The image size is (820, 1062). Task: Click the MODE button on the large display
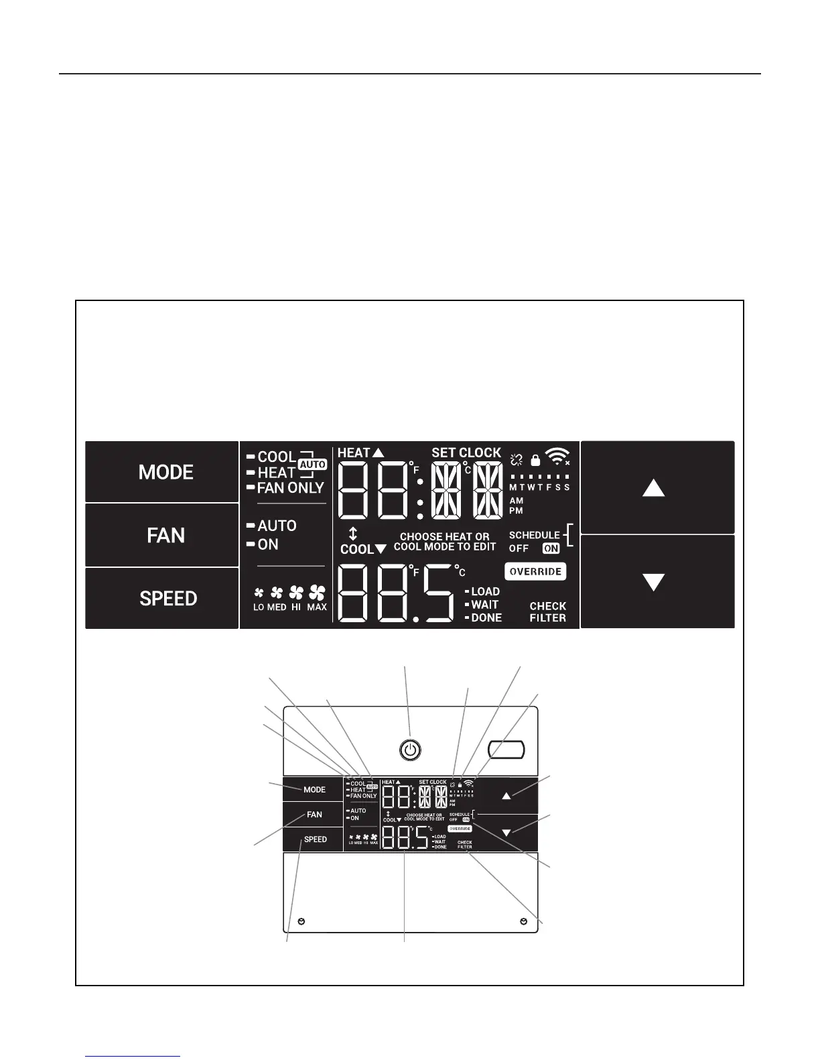pyautogui.click(x=165, y=472)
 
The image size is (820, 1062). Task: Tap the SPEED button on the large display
pyautogui.click(x=167, y=598)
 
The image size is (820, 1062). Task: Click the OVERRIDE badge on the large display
pyautogui.click(x=535, y=572)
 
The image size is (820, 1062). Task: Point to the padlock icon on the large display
pyautogui.click(x=535, y=460)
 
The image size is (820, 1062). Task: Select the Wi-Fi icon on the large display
pyautogui.click(x=557, y=457)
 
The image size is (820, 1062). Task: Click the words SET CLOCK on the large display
pyautogui.click(x=466, y=453)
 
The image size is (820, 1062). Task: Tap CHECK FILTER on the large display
pyautogui.click(x=547, y=611)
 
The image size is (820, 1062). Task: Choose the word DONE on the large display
pyautogui.click(x=486, y=617)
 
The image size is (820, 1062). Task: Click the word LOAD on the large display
pyautogui.click(x=485, y=591)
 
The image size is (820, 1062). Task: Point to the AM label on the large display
pyautogui.click(x=517, y=501)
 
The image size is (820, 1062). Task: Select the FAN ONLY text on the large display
pyautogui.click(x=290, y=488)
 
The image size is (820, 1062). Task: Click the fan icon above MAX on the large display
pyautogui.click(x=317, y=593)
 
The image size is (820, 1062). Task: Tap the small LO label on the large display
pyautogui.click(x=259, y=607)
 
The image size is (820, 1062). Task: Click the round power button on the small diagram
pyautogui.click(x=410, y=750)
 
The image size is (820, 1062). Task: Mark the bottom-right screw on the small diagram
pyautogui.click(x=523, y=922)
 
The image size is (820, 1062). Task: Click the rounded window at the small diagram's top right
pyautogui.click(x=506, y=750)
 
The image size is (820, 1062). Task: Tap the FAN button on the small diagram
pyautogui.click(x=314, y=815)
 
